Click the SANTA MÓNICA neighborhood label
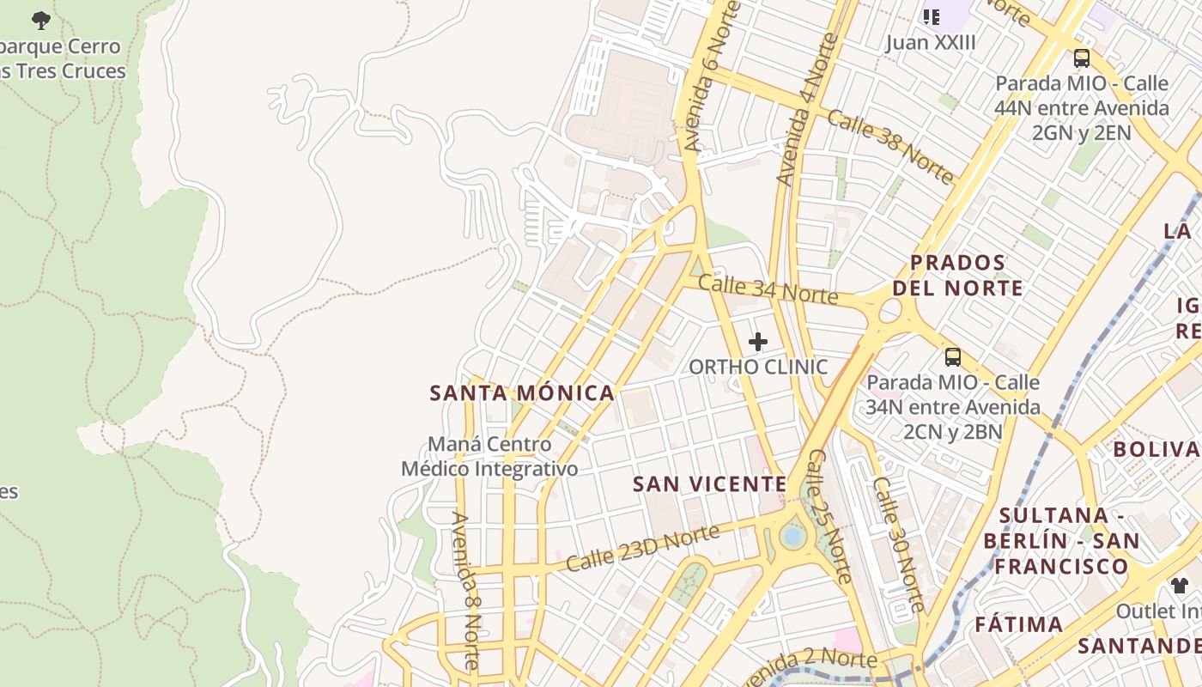(522, 393)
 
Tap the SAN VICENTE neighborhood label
(709, 484)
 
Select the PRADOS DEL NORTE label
(957, 275)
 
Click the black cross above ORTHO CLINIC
(757, 342)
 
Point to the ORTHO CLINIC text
(758, 368)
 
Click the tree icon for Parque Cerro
(40, 20)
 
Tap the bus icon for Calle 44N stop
(1081, 58)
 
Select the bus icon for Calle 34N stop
(952, 356)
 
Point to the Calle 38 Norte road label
(890, 147)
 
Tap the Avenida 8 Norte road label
(465, 591)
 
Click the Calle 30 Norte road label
(899, 543)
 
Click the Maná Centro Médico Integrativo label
(489, 457)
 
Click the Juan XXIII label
(931, 42)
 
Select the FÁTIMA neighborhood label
(1019, 624)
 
